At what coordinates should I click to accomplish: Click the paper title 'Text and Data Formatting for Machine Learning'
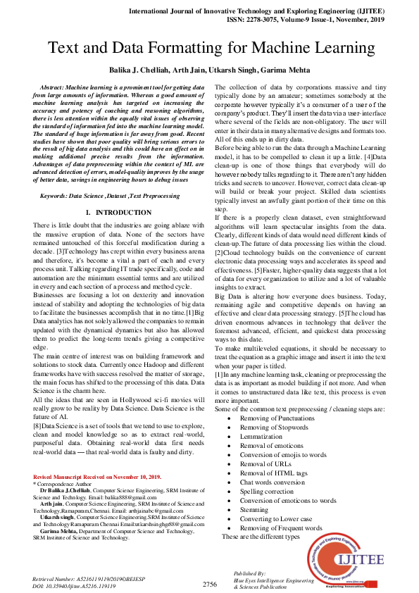[x=209, y=49]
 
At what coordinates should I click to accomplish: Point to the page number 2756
[x=209, y=583]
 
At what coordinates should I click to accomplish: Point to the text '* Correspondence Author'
[x=63, y=485]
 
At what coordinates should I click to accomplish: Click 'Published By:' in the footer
[x=249, y=575]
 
